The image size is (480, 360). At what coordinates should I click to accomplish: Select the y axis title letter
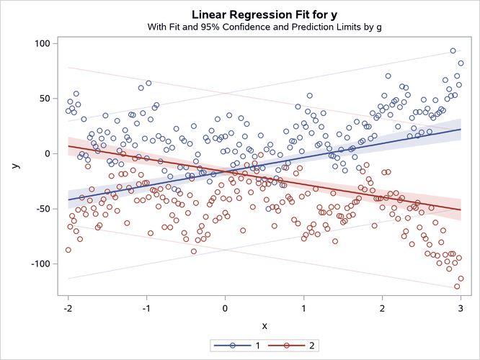[14, 166]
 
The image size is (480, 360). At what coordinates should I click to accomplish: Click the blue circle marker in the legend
[232, 346]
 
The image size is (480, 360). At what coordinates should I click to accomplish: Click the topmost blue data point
[453, 51]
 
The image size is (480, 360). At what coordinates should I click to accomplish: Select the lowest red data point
[457, 286]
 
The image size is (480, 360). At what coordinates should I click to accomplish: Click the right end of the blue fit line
[461, 130]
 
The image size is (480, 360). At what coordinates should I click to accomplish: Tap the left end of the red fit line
[68, 146]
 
